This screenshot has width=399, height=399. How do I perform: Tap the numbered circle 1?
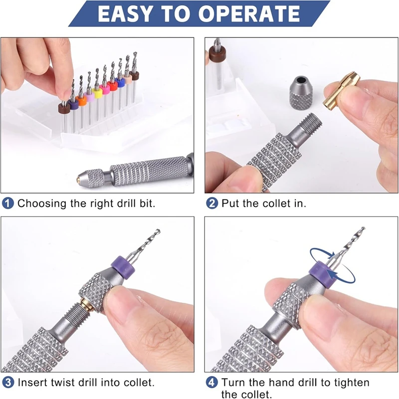[8, 203]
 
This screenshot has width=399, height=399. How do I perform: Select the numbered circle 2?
[212, 203]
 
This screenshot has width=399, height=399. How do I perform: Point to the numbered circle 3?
[8, 383]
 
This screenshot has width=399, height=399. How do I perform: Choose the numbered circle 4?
[212, 383]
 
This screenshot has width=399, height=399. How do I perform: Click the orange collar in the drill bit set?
[81, 102]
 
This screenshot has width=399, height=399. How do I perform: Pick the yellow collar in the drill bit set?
[97, 93]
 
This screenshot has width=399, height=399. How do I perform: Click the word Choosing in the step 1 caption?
[41, 203]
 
